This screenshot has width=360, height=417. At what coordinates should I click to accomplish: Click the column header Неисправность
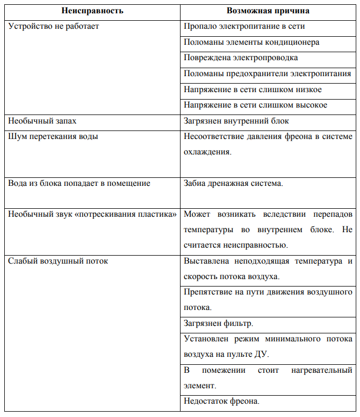pyautogui.click(x=93, y=11)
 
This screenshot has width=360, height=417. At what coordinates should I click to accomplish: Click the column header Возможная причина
pyautogui.click(x=268, y=11)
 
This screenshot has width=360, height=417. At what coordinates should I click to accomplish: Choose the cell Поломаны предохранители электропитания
pyautogui.click(x=267, y=73)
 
